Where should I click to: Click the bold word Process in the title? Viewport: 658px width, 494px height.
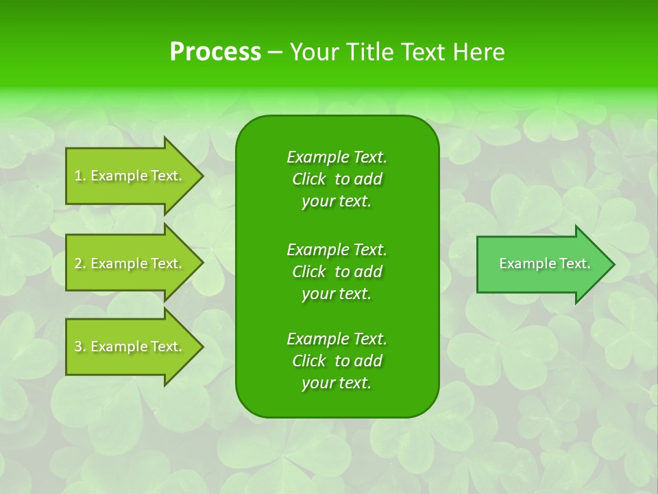215,52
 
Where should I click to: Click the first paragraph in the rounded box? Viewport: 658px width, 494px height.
337,179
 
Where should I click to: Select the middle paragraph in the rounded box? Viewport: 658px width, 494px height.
337,271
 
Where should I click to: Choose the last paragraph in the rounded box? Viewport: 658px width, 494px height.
337,361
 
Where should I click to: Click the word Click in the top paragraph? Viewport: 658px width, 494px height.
309,179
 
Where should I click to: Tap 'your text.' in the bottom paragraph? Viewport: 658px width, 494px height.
337,384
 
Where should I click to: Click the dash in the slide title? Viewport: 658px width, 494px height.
275,52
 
